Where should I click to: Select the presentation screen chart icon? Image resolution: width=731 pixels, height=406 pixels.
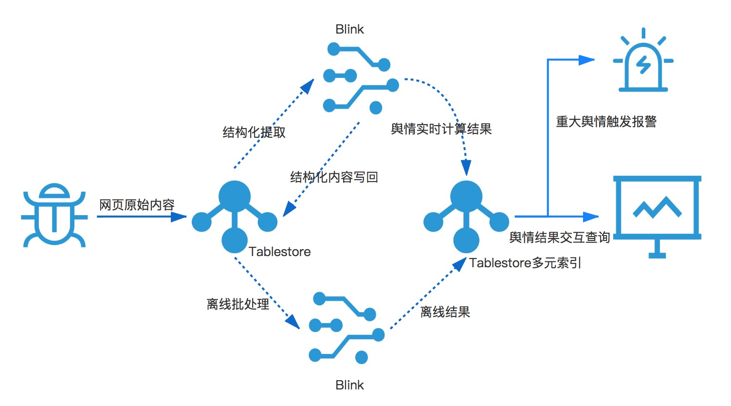coord(657,214)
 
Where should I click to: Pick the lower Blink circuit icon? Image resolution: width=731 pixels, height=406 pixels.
coord(346,328)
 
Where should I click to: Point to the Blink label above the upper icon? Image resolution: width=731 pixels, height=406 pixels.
coord(349,29)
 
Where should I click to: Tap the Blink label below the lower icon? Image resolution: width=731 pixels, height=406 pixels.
coord(349,385)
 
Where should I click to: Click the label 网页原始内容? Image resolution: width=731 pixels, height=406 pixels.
coord(137,205)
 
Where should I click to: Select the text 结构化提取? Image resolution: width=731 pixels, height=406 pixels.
coord(254,132)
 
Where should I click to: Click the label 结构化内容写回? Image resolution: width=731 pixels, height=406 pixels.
coord(334,177)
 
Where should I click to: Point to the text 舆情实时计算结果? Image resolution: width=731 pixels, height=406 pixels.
coord(441,129)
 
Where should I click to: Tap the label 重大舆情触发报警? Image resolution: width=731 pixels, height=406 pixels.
coord(606,122)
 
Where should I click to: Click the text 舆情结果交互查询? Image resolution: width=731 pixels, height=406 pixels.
coord(559,238)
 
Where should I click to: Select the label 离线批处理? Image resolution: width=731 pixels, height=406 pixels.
coord(238,304)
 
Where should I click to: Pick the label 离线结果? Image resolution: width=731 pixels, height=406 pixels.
coord(445,312)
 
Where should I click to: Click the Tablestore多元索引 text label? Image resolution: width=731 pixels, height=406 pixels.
coord(525,263)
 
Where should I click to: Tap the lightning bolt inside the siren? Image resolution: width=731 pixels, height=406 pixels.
coord(643,65)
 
